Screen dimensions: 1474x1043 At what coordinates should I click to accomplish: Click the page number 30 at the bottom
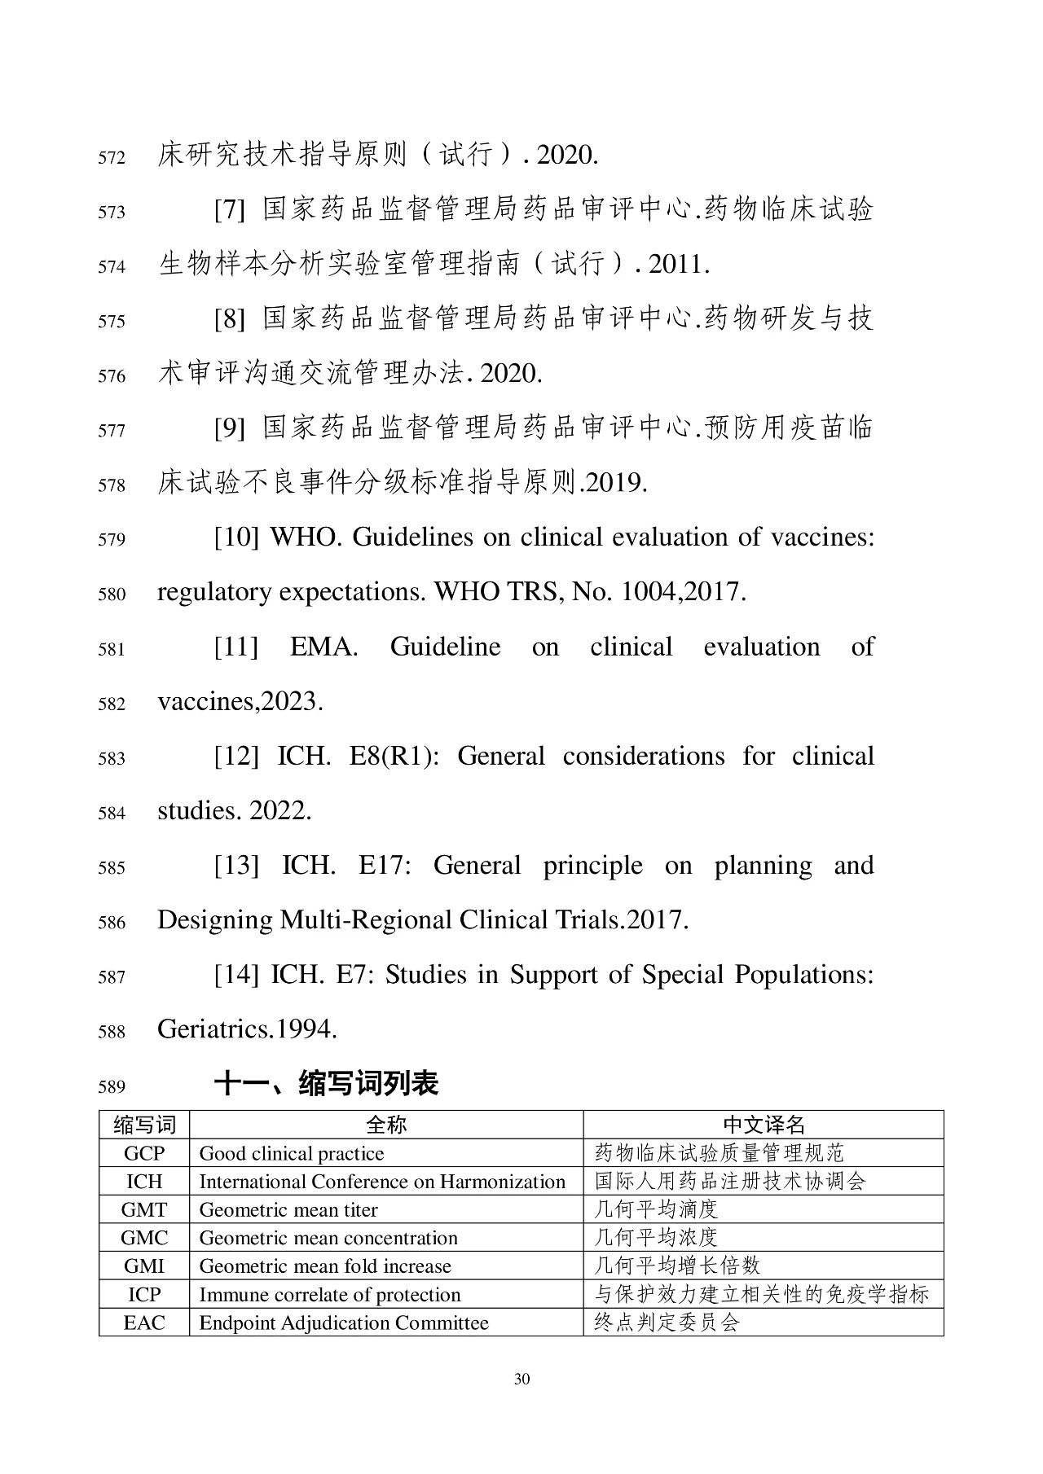tap(522, 1379)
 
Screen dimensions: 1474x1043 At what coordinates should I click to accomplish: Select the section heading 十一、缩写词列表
tap(326, 1084)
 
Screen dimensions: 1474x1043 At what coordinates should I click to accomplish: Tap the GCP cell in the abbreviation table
tap(144, 1153)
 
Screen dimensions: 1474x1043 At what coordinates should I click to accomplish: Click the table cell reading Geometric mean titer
tap(288, 1210)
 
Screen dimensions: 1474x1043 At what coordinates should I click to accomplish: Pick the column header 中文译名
tap(764, 1125)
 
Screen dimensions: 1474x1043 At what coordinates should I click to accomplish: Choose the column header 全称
tap(386, 1125)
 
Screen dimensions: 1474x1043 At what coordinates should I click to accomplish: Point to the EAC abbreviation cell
tap(144, 1323)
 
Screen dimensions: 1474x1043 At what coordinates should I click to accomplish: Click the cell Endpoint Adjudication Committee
tap(344, 1323)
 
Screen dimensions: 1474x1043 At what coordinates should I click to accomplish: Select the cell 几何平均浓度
tap(656, 1238)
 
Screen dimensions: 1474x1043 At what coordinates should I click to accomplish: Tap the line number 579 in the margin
tap(112, 540)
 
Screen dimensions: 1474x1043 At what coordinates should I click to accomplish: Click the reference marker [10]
tap(235, 537)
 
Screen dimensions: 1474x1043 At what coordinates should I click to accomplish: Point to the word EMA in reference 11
tap(323, 647)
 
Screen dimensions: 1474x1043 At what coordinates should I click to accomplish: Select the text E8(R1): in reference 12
tap(394, 757)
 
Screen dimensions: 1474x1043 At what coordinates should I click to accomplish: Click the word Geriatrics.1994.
tap(247, 1029)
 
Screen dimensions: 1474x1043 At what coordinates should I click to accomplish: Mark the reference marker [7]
tap(229, 210)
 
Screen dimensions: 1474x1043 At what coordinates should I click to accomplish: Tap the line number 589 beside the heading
tap(112, 1086)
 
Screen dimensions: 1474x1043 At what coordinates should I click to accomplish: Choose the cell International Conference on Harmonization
tap(382, 1182)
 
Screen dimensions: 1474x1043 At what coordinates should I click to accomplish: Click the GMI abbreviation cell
tap(144, 1266)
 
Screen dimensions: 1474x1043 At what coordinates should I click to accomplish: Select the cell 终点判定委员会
tap(667, 1323)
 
